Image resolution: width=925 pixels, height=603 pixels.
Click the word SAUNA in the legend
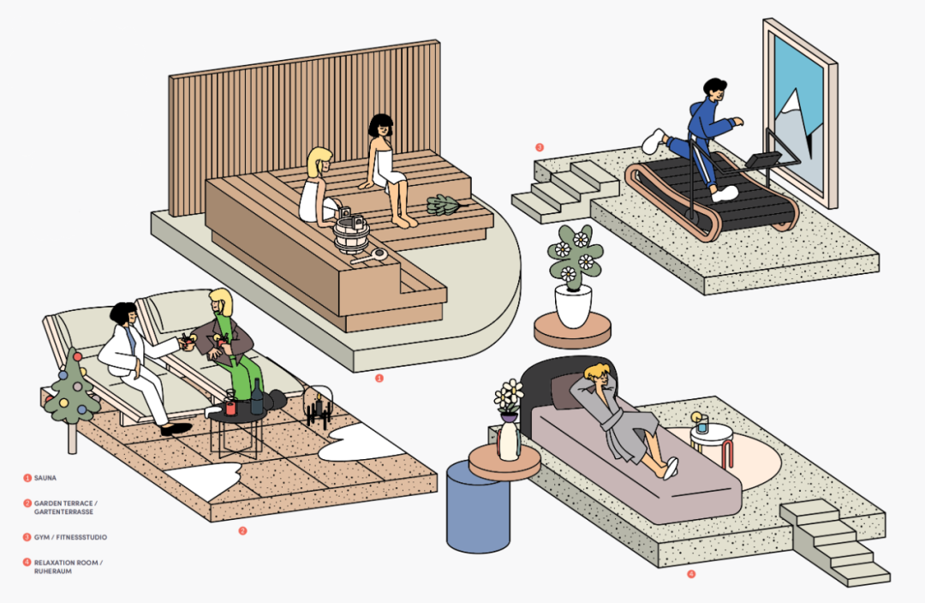(x=46, y=478)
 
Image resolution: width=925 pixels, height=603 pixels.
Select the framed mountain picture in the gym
(x=798, y=116)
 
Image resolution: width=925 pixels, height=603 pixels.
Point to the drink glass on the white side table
(x=701, y=423)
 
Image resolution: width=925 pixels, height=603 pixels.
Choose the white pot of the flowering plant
(x=573, y=305)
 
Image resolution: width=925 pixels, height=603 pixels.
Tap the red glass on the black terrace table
(x=230, y=408)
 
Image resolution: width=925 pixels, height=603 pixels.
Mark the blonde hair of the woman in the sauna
(x=319, y=160)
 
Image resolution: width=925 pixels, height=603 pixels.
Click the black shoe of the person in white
(x=176, y=428)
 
